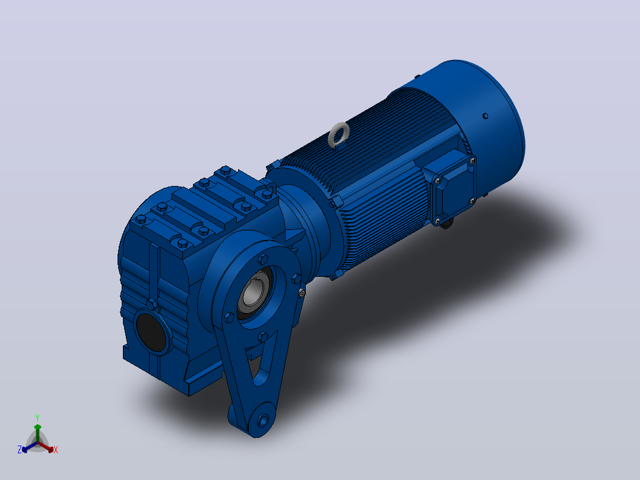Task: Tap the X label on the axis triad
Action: click(x=56, y=450)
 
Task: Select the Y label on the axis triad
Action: click(x=37, y=418)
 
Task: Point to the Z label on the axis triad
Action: click(x=19, y=449)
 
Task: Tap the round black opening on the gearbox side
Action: click(x=151, y=331)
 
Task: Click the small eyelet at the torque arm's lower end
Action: click(x=263, y=420)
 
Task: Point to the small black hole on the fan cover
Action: click(x=485, y=116)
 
